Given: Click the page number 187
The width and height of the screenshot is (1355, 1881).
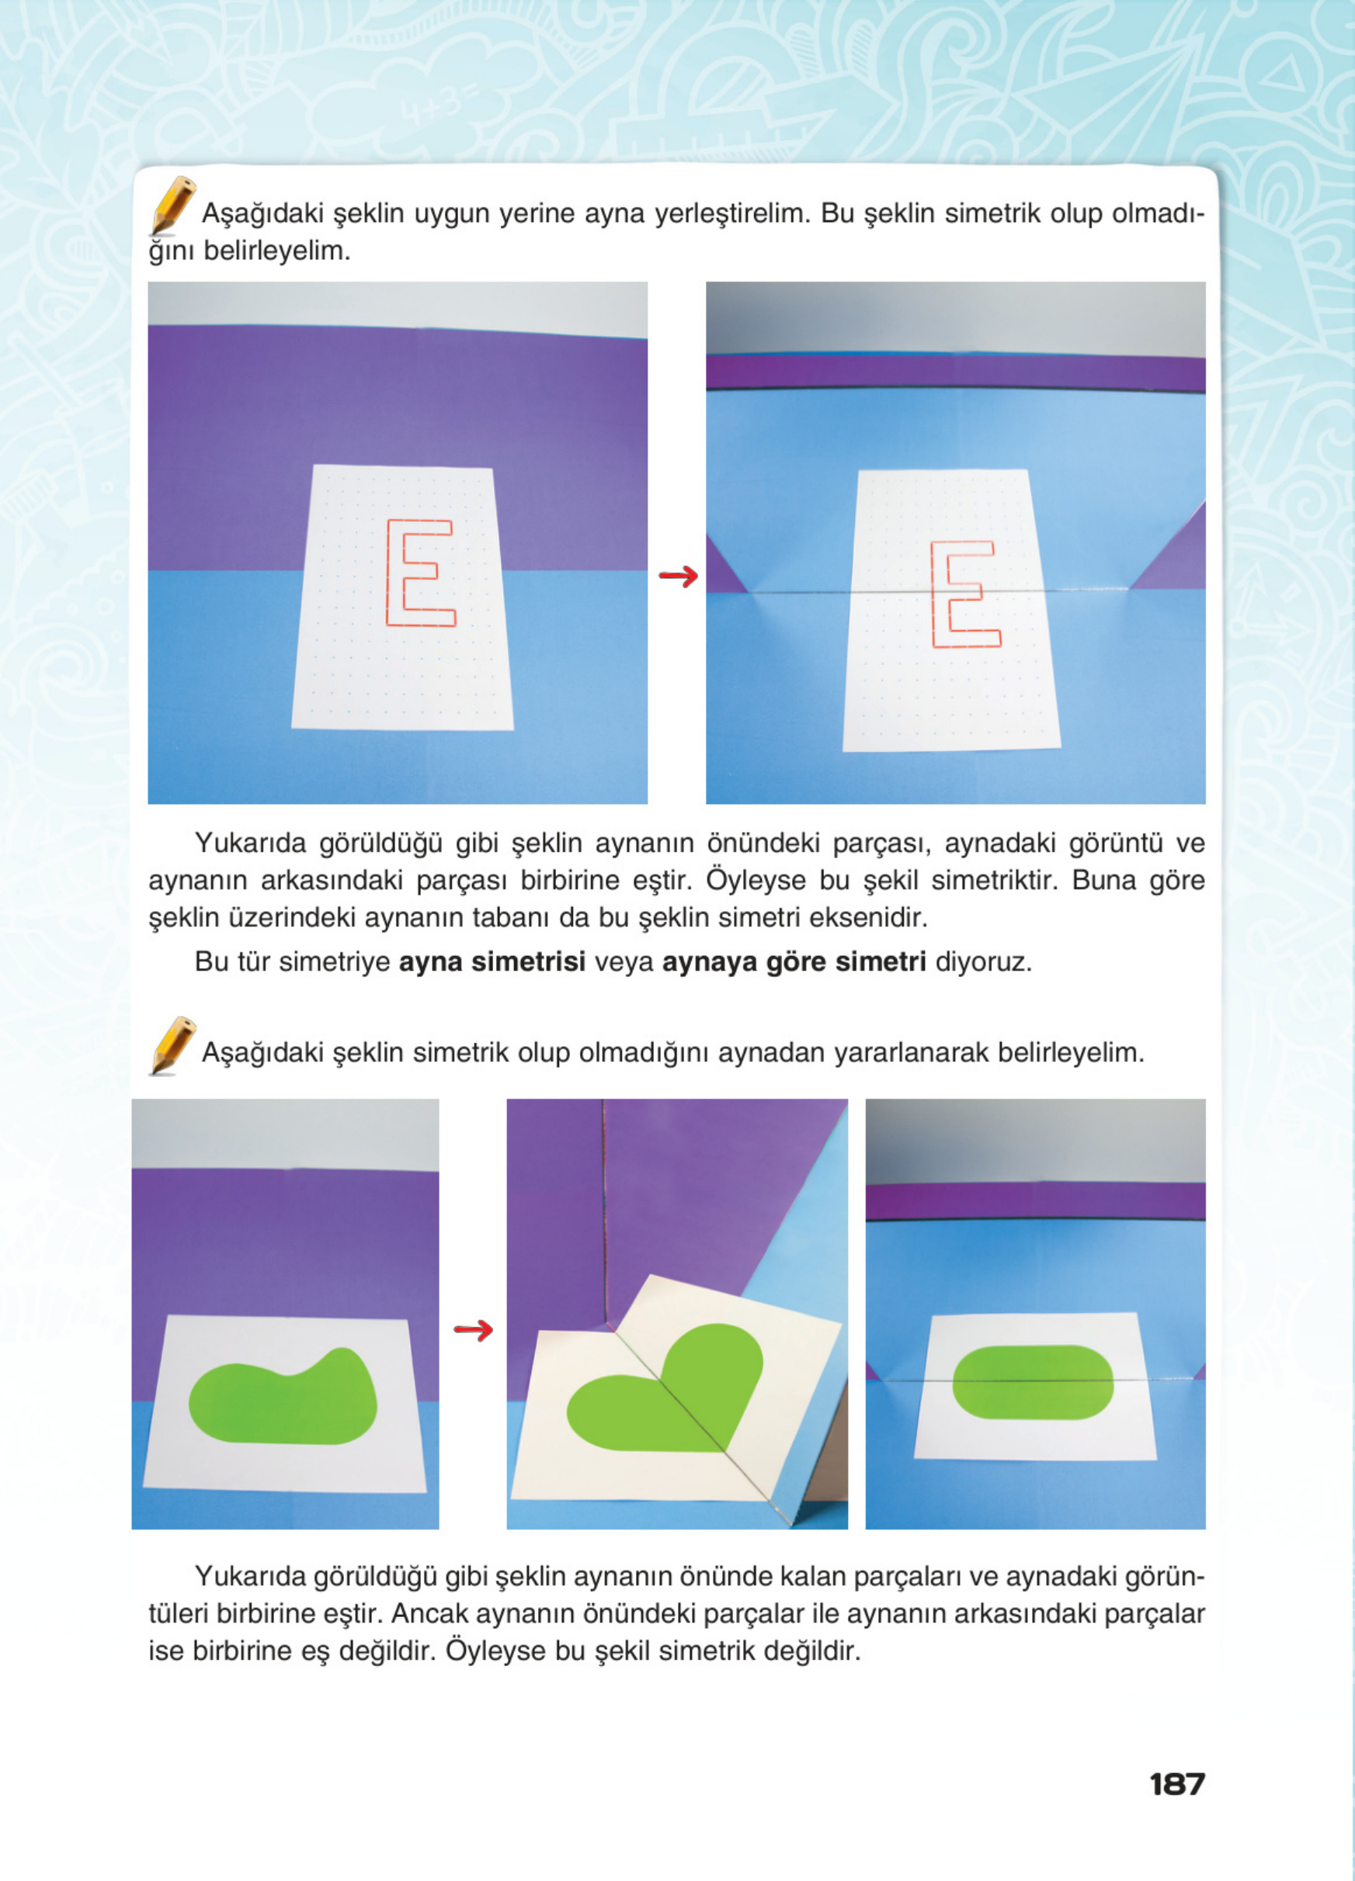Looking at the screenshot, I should coord(1176,1782).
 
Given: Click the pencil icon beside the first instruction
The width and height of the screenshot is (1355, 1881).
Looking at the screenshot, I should coord(172,205).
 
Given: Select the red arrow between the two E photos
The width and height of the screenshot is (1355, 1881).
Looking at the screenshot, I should coord(678,576).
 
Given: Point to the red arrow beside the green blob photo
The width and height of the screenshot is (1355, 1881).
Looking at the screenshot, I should coord(473,1330).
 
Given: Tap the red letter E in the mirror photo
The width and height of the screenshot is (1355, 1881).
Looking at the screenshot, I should coord(964,594).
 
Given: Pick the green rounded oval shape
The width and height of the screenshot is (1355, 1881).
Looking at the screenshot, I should coord(1032,1382).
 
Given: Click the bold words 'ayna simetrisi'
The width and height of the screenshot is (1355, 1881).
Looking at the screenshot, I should coord(492,962).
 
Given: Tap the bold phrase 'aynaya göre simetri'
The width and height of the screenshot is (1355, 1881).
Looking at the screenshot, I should coord(794,962).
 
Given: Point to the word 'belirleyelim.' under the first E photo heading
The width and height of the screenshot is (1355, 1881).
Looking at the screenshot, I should coord(277,251).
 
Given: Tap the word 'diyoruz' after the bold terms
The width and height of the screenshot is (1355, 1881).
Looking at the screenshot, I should coord(983,962).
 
